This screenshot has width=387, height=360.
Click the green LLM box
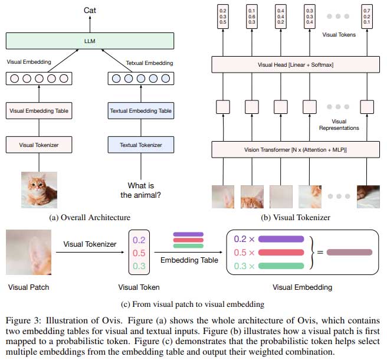click(x=90, y=41)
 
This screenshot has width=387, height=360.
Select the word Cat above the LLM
click(x=90, y=10)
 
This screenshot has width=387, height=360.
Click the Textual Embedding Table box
click(x=141, y=110)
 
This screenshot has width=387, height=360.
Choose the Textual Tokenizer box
click(x=141, y=144)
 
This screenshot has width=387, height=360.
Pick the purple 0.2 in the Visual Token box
click(x=139, y=241)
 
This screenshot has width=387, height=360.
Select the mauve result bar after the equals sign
click(x=349, y=253)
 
